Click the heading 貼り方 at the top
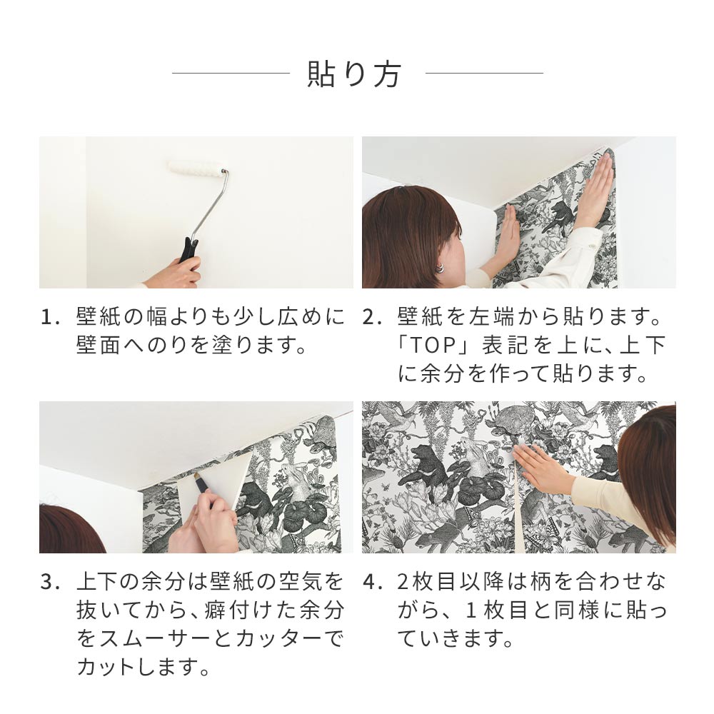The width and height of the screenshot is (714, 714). [355, 74]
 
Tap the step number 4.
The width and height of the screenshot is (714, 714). [371, 582]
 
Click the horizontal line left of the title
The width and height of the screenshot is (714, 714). [231, 73]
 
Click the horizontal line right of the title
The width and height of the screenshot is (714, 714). [484, 73]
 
